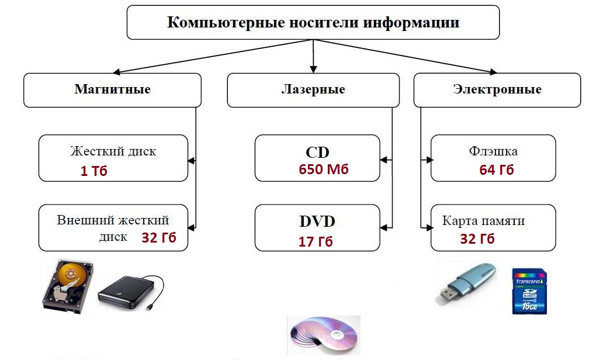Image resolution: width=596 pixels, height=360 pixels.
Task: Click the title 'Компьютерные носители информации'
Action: (x=313, y=22)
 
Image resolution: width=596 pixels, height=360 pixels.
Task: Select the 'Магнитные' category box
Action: (x=113, y=90)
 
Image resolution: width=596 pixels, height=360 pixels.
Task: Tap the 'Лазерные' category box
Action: (x=313, y=90)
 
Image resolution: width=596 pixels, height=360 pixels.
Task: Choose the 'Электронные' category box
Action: (x=497, y=90)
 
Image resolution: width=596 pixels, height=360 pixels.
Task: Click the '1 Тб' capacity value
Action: (x=94, y=171)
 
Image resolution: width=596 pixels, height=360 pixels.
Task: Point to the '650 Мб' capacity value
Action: (x=324, y=169)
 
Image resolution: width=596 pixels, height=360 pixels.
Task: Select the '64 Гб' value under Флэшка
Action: (x=497, y=169)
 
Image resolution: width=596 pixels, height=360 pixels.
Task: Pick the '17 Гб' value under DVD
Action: (x=316, y=241)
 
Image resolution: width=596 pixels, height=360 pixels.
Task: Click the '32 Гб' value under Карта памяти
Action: (x=477, y=238)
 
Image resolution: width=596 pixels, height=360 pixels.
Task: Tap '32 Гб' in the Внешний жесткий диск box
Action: (x=159, y=238)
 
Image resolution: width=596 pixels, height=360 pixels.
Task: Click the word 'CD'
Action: (x=317, y=153)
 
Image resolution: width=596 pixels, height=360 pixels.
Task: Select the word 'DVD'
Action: (x=317, y=221)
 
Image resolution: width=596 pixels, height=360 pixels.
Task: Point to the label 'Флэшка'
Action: (x=493, y=151)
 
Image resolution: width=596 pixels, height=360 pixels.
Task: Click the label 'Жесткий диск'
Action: (x=113, y=151)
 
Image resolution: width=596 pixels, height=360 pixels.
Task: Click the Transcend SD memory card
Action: (x=529, y=291)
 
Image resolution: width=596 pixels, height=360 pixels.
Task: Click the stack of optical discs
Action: (x=324, y=335)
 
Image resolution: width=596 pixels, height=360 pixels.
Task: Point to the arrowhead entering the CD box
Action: (x=384, y=160)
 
